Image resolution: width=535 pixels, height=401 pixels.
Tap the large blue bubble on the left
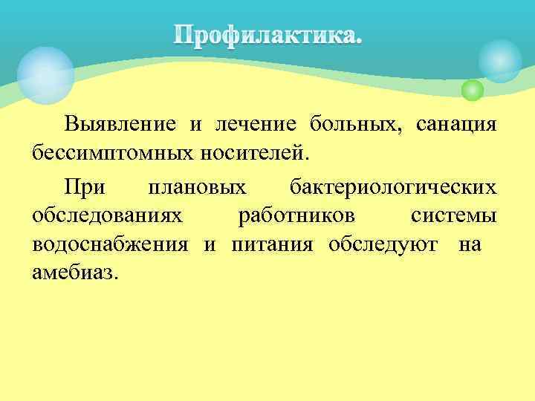(45, 74)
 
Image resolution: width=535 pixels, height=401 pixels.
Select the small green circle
(472, 91)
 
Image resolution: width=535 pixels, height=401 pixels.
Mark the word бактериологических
(393, 185)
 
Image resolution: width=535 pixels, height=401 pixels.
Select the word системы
(453, 215)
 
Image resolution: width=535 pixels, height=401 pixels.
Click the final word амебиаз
(74, 274)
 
